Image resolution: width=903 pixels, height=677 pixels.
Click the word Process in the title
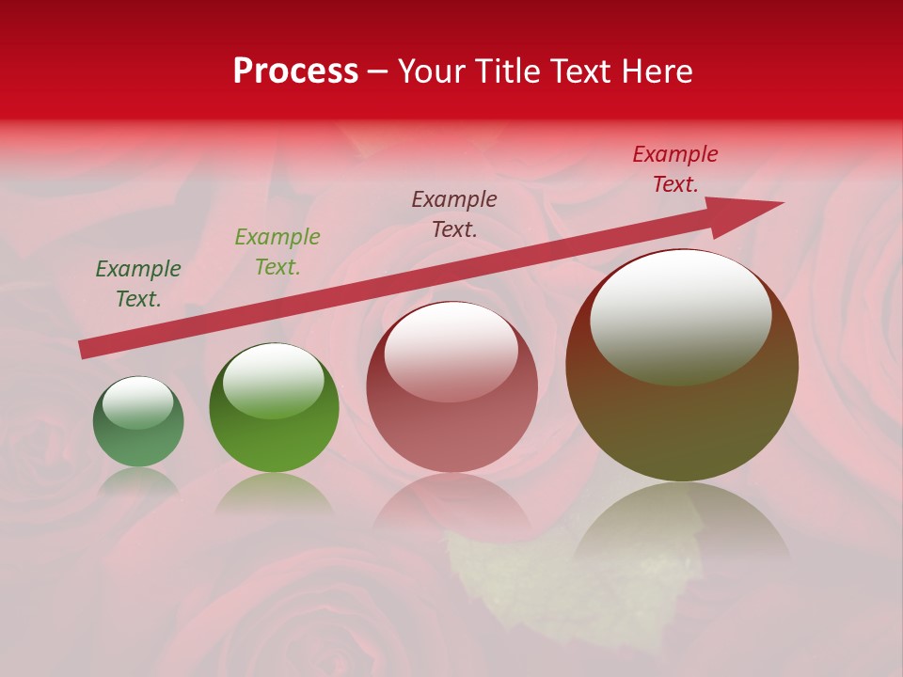coord(295,71)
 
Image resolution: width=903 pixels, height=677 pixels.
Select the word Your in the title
coord(428,71)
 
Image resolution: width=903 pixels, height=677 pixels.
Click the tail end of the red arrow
coord(85,349)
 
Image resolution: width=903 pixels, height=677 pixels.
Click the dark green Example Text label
coord(138,284)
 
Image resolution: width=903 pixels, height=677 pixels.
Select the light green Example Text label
coord(277,252)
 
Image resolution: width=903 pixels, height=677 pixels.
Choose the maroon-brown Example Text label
coord(454,213)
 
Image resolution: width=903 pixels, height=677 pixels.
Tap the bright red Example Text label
coord(675,169)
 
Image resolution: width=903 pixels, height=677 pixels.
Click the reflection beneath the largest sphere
coord(682,527)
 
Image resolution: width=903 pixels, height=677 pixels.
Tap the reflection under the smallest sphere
coord(138,481)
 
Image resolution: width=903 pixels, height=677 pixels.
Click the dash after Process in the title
coord(378,71)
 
